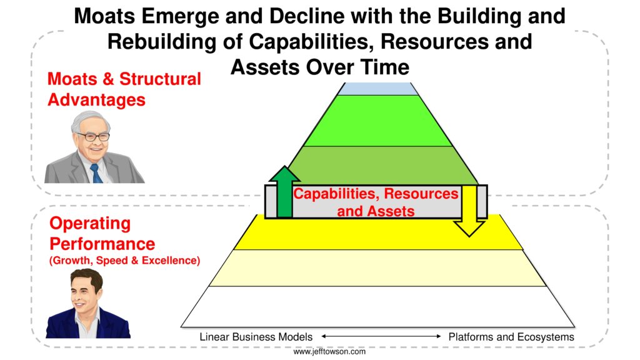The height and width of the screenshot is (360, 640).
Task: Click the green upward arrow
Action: (x=284, y=192)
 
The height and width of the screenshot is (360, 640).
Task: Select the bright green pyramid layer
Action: (x=378, y=121)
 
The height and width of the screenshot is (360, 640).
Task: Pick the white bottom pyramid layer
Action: (x=377, y=307)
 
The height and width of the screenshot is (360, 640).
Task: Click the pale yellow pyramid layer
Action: (x=377, y=267)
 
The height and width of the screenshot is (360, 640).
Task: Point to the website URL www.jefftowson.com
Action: (x=329, y=351)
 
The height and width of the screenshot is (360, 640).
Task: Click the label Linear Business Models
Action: (x=256, y=337)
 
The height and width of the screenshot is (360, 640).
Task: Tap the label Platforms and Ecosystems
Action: (x=511, y=337)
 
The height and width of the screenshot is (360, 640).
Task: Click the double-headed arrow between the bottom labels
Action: (x=381, y=337)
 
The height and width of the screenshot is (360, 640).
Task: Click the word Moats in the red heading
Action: (x=72, y=79)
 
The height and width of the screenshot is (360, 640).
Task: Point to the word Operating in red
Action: (x=90, y=224)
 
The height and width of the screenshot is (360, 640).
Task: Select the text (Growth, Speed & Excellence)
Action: (x=124, y=261)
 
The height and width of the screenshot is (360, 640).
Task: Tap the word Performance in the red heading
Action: (x=102, y=244)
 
